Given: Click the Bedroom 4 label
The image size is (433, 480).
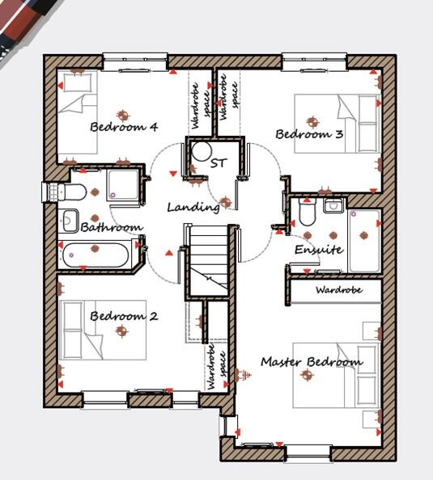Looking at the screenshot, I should point(123,127).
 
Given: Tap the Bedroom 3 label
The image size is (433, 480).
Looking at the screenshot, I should point(309,134).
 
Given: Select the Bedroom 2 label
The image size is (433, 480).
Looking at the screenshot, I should point(123,316).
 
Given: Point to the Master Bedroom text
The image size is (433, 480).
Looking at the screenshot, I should point(311,362).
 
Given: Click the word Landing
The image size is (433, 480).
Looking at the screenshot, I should point(193,207).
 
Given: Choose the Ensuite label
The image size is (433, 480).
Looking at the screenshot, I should point(318,250).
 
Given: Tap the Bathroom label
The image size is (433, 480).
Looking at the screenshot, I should point(112,228).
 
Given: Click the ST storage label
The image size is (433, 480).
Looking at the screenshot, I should point(218,163).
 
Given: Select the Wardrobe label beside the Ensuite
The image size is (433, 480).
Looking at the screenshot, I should point(338,289).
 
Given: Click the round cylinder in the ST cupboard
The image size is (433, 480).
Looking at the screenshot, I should point(201,151).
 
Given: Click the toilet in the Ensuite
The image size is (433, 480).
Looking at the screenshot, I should point(307,213).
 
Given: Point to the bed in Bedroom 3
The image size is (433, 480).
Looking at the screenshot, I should point(337,124).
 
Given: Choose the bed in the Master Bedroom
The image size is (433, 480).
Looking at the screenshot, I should point(348,375).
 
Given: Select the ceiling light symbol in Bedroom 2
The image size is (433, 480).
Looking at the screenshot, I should point(122,331).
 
